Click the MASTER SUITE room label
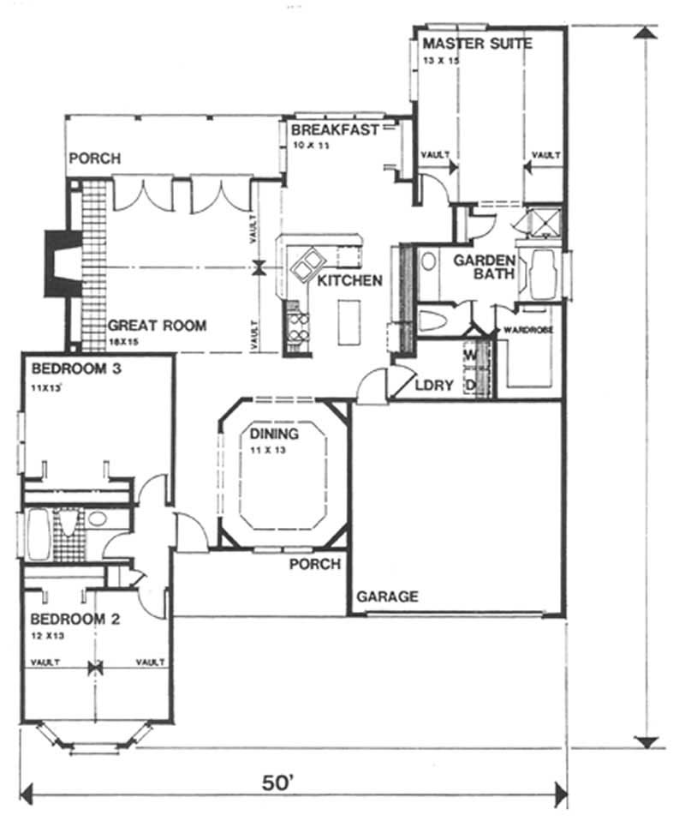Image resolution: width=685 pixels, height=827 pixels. [x=476, y=43]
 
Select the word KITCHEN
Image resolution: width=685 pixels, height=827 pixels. [x=349, y=281]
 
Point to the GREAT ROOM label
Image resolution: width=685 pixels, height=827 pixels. [x=157, y=326]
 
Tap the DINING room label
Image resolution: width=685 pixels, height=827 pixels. [x=274, y=434]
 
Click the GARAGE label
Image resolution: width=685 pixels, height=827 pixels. [x=387, y=596]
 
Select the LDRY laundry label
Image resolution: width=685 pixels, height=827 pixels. [x=433, y=386]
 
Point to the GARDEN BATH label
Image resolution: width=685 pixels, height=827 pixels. [x=484, y=267]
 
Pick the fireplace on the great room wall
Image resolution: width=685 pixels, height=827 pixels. [x=60, y=264]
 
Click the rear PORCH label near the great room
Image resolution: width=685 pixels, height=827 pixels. [x=94, y=159]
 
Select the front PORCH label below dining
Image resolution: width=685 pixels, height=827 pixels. [x=314, y=565]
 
